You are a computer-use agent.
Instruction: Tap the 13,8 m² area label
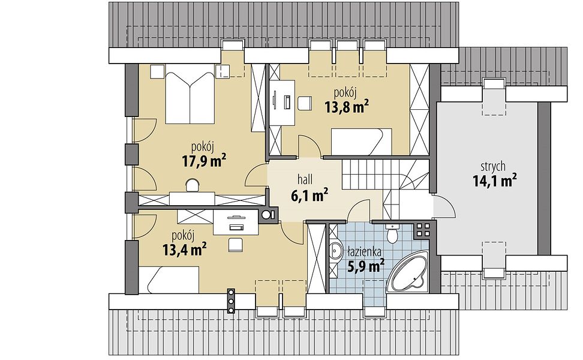tap(347, 107)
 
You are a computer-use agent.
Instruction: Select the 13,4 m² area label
tap(185, 250)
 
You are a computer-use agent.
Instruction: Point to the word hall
tap(305, 179)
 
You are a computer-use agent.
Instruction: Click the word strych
tap(492, 166)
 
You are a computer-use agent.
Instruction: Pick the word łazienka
tap(364, 252)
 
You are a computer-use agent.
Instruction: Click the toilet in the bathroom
tap(392, 233)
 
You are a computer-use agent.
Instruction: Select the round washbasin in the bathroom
tap(336, 250)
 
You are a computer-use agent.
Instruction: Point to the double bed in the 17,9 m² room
tap(190, 98)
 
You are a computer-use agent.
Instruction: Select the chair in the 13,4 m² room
tap(235, 245)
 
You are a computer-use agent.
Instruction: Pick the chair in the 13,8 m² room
tap(304, 103)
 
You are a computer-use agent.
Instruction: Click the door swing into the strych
tap(444, 206)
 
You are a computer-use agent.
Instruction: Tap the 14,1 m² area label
tap(494, 181)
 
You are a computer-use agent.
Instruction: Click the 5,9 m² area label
tap(365, 266)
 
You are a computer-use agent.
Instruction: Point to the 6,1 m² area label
tap(309, 194)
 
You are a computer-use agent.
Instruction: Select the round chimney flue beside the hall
tap(266, 215)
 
